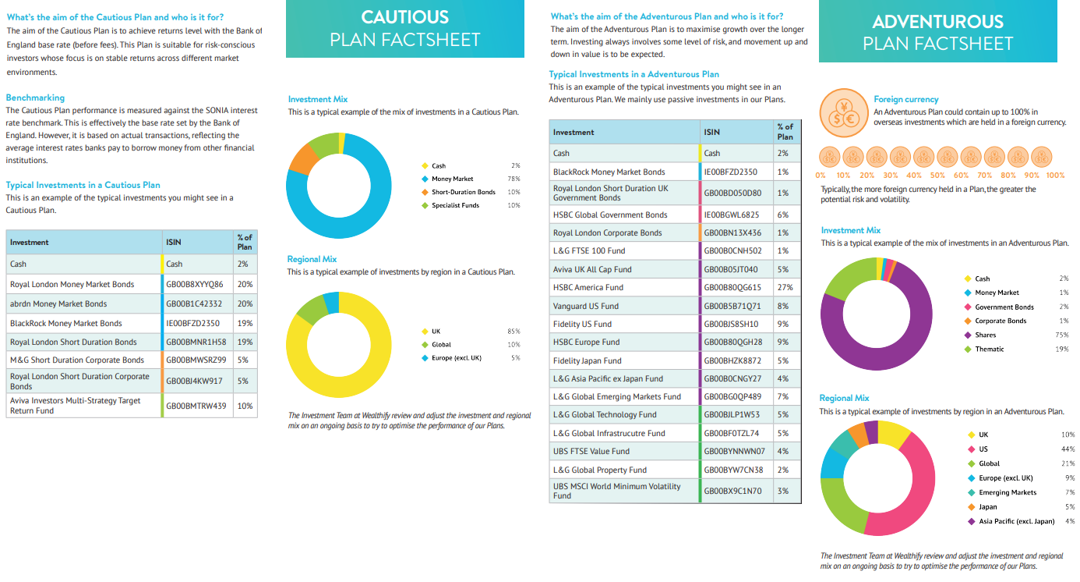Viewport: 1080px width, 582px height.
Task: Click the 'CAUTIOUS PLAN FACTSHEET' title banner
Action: coord(405,29)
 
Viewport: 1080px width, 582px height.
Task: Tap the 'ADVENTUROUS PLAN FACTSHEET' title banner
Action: coord(937,32)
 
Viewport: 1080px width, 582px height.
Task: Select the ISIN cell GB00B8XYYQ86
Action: coord(195,285)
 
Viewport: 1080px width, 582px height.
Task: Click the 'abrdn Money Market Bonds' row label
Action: coord(58,304)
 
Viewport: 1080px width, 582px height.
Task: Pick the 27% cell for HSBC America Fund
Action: coord(785,288)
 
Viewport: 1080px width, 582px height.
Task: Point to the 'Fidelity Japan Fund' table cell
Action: coord(588,360)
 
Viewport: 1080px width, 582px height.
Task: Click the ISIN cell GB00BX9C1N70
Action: coord(732,491)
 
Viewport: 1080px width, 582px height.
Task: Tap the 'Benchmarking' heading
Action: coord(35,98)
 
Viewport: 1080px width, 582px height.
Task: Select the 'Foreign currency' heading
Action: coord(905,99)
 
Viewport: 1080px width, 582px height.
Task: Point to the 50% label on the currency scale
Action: coord(937,176)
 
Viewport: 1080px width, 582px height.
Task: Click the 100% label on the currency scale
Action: coord(1054,176)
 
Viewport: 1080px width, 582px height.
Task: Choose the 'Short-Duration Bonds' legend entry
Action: coord(463,192)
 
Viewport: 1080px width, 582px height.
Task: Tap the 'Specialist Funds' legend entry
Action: coord(455,206)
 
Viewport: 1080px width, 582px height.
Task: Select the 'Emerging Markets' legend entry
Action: coord(1008,492)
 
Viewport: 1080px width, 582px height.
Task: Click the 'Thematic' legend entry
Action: coord(989,350)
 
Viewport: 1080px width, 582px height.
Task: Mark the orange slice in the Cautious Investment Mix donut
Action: coord(301,158)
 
